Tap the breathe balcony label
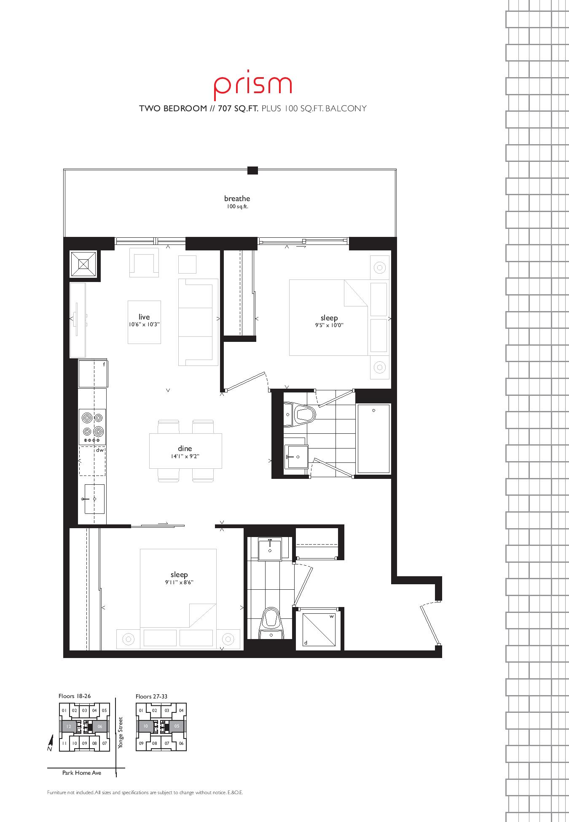coord(237,199)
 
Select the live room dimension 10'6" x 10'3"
coord(144,325)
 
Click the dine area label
coord(185,449)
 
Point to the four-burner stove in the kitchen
coord(92,426)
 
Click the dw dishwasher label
coord(100,450)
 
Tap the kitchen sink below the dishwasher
coord(94,499)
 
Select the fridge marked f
coord(93,373)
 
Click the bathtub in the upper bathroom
coord(374,438)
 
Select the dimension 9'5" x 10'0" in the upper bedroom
coord(329,325)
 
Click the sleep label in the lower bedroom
coord(179,575)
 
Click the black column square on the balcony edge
coord(252,170)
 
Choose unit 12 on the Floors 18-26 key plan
coord(68,726)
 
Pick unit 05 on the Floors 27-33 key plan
coord(177,726)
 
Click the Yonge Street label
coord(121,733)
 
